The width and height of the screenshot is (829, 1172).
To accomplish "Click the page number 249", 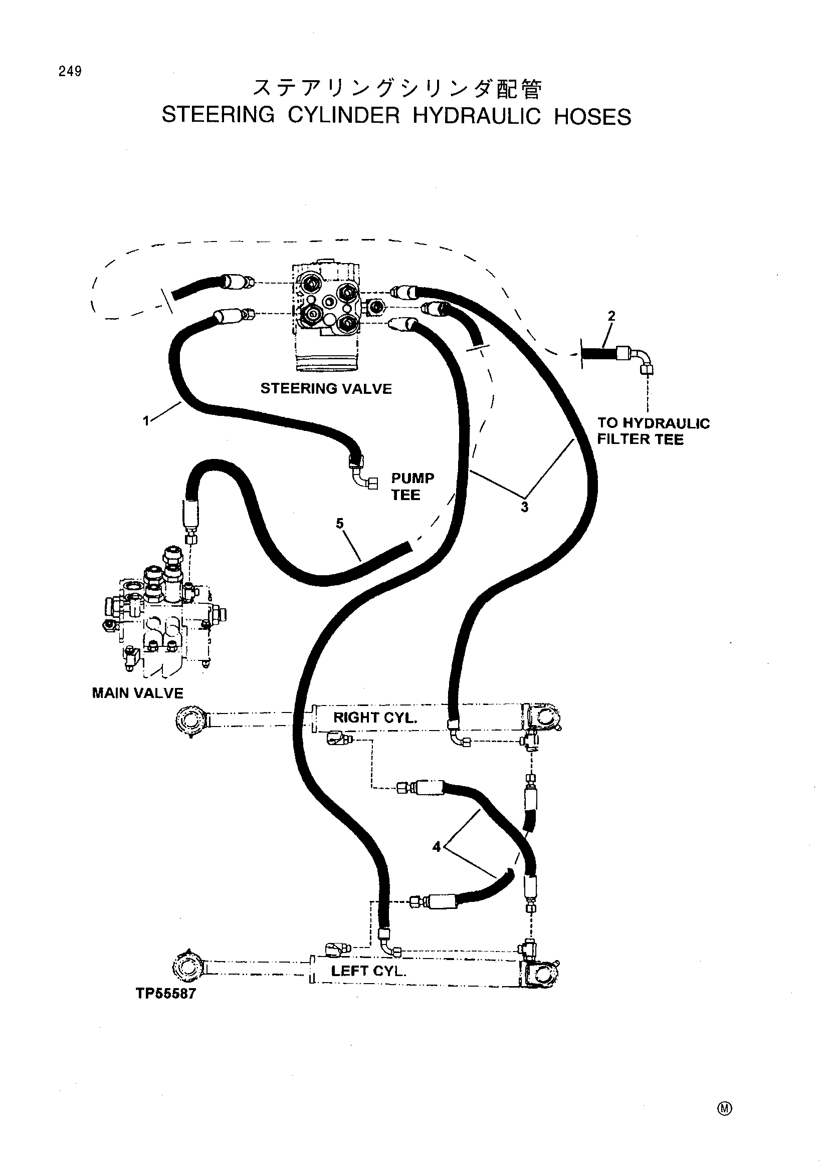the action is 70,72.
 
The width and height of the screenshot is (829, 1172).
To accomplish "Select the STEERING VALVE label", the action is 326,388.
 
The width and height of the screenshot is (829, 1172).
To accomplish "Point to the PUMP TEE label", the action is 412,487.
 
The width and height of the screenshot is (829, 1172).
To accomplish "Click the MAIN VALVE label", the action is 137,692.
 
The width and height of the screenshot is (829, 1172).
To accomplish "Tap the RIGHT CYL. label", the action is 375,717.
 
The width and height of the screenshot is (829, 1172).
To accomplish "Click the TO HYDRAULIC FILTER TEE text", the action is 654,431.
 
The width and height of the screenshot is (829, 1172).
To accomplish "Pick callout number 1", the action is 146,421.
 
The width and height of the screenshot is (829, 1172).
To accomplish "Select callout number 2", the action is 611,316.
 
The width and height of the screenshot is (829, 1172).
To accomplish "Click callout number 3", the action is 525,507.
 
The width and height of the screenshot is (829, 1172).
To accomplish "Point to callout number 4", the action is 437,847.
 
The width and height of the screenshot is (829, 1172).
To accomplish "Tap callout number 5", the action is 340,523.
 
